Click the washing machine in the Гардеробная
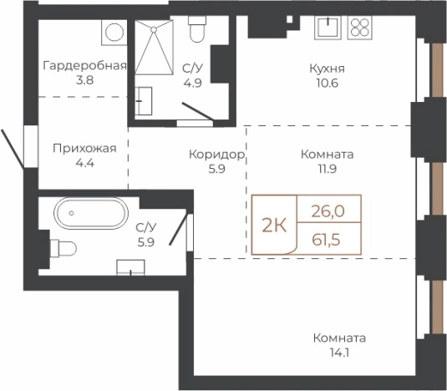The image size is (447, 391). (x=112, y=32)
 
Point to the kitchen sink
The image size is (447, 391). (x=327, y=28)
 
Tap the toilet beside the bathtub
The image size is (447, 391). (x=63, y=248)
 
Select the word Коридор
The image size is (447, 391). (x=216, y=155)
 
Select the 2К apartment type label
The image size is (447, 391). (x=275, y=224)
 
